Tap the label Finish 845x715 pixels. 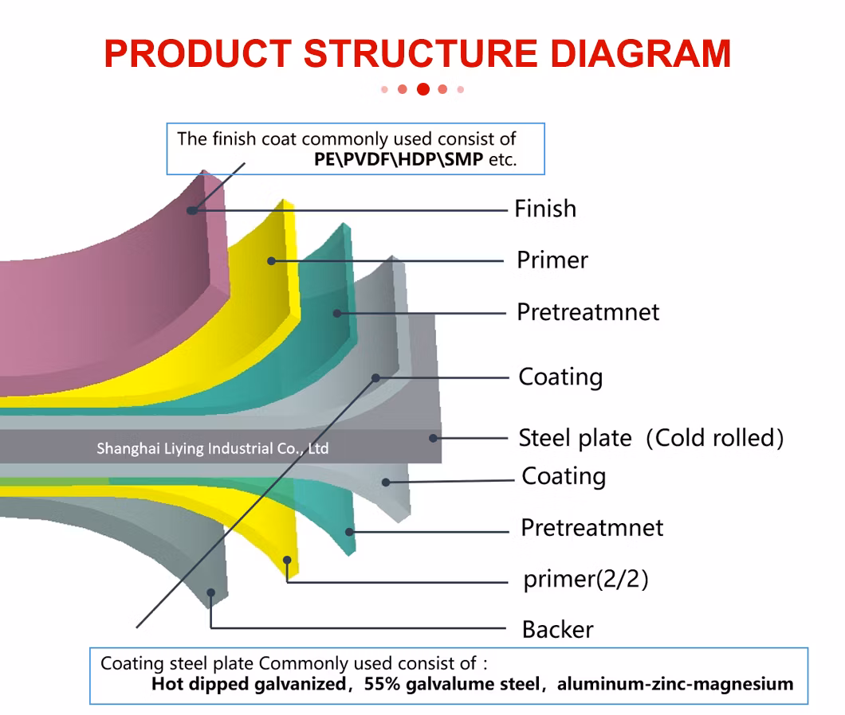coord(544,209)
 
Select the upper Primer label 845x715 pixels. coord(552,260)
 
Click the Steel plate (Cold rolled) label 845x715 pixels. coord(650,438)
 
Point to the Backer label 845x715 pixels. coord(557,630)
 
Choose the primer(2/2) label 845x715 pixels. coord(585,579)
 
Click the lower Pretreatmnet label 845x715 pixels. coord(591,528)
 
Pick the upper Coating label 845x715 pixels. coord(560,377)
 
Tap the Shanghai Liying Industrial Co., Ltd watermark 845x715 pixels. coord(212,448)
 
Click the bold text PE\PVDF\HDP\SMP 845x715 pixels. coord(398,158)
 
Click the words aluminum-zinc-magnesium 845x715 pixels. coord(675,683)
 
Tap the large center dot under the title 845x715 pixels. coord(423,89)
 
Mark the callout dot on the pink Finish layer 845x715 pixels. coord(191,210)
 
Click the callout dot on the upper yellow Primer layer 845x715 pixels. coord(271,260)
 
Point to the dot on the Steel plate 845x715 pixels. coord(433,437)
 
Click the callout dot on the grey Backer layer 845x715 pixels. coord(211,592)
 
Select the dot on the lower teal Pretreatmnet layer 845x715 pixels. coord(348,531)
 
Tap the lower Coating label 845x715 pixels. coord(564,476)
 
